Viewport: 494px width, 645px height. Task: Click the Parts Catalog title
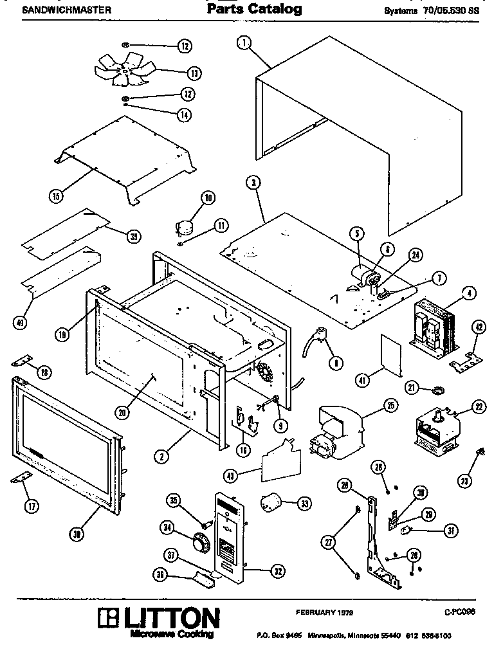[x=254, y=10]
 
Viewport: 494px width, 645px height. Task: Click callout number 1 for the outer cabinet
[x=243, y=44]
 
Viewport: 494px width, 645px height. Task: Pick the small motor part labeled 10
[x=185, y=226]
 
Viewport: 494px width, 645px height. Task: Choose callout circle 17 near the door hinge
[x=30, y=506]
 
